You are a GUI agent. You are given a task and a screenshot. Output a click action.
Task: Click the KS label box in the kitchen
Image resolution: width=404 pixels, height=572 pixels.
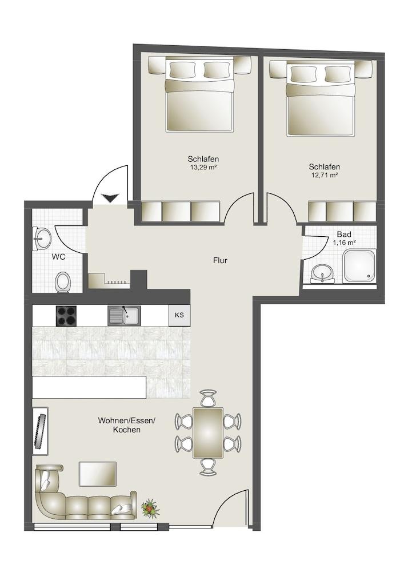[x=179, y=315]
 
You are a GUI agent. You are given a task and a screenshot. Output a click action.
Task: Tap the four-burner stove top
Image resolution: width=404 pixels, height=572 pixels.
[x=66, y=316]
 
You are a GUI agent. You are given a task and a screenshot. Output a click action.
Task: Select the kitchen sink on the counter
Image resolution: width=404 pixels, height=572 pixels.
[x=122, y=315]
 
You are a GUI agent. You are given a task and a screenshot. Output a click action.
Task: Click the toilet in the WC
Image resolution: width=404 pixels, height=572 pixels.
[x=63, y=281]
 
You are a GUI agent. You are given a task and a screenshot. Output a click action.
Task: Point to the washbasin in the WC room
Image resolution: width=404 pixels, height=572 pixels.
[x=41, y=239]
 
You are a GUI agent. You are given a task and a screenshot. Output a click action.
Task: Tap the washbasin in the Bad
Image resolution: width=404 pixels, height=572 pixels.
[x=324, y=273]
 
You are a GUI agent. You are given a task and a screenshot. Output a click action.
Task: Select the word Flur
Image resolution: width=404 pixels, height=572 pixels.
[x=220, y=261]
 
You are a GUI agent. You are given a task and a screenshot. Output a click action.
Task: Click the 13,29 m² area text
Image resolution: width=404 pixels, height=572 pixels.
[x=203, y=168]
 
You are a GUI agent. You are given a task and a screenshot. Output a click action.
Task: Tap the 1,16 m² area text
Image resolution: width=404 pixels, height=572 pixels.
[x=344, y=243]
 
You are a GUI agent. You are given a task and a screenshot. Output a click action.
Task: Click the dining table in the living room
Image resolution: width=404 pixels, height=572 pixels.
[x=208, y=432]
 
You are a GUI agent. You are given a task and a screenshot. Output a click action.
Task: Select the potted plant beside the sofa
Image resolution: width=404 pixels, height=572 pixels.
[x=150, y=507]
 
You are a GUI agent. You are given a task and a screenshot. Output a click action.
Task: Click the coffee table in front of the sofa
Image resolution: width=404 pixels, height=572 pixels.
[x=97, y=473]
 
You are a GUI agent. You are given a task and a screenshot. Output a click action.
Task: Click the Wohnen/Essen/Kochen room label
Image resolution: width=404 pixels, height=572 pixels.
[x=126, y=424]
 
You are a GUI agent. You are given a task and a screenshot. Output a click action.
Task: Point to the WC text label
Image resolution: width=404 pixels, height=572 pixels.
[x=58, y=257]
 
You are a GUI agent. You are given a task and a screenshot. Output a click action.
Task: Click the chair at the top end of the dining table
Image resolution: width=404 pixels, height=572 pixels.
[x=208, y=397]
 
